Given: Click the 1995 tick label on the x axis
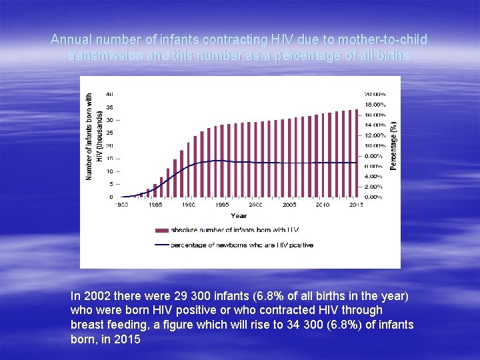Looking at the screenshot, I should (222, 205).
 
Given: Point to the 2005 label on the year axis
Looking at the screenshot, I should (289, 205).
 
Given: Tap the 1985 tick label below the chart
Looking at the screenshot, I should (155, 205).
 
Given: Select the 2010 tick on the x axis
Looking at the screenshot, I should (323, 205).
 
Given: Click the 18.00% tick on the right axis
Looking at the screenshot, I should (374, 105).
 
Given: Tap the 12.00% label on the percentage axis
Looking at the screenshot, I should (374, 135).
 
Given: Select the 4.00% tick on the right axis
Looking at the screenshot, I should (374, 176).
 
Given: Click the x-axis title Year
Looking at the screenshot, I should (239, 215).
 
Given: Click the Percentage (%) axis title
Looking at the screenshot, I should (394, 145).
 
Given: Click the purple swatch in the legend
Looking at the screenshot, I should (161, 230).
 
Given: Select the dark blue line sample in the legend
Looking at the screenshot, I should (161, 245).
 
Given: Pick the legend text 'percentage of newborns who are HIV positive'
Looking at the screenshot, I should (242, 245).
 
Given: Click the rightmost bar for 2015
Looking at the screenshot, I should (357, 153).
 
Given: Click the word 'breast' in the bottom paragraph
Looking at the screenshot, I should (87, 325).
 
